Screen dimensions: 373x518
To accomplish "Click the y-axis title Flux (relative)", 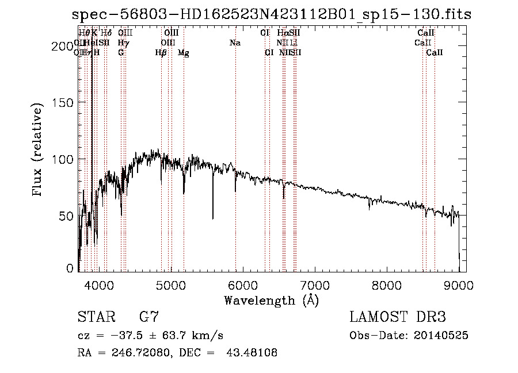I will coord(38,151).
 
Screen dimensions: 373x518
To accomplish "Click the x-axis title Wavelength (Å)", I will coord(271,300).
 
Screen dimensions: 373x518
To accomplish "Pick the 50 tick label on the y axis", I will coord(67,216).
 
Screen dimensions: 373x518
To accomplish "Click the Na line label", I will coord(235,43).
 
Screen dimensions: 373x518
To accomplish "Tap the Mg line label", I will coord(183,53).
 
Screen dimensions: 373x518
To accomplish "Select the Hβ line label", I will coord(161,53).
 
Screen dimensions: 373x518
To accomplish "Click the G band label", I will coord(121,53).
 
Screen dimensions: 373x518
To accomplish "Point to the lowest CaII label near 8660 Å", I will coord(435,53).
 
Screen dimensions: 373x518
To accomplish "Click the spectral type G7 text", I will coord(149,317).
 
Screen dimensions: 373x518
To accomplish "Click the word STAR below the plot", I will coord(96,317).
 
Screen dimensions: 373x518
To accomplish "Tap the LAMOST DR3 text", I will coord(398,317).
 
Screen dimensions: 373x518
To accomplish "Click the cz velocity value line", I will coord(150,336).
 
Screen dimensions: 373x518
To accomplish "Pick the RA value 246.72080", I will coord(138,353).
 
